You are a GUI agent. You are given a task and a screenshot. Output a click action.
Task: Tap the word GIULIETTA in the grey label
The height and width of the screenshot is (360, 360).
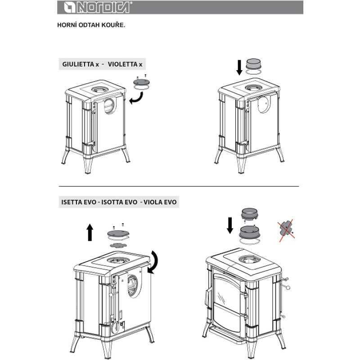[x=78, y=64]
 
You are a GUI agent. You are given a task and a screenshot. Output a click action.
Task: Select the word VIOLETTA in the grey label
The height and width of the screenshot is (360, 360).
[x=123, y=64]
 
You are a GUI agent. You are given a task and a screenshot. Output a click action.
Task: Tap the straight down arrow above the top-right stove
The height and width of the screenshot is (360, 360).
[x=239, y=67]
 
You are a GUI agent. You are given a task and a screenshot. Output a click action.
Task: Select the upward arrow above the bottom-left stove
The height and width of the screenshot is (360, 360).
[x=90, y=232]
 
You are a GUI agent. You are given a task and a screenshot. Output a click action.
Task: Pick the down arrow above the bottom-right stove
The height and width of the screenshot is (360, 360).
[x=230, y=225]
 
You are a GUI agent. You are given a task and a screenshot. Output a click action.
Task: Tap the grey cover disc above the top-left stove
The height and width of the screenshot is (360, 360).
[x=141, y=82]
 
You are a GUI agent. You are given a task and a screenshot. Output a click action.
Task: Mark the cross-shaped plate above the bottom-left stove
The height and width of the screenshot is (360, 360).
[x=118, y=245]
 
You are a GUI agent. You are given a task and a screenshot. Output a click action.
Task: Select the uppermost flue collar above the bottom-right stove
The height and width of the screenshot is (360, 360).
[x=250, y=214]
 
